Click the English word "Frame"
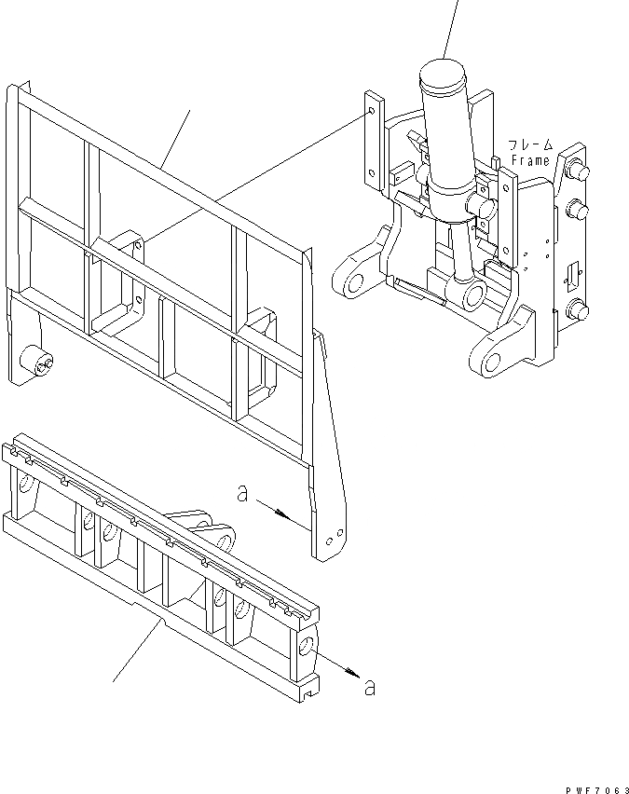531,161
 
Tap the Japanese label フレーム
531,145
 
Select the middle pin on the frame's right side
578,208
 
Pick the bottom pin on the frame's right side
578,311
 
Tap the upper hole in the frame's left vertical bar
371,113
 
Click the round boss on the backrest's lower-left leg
37,362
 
